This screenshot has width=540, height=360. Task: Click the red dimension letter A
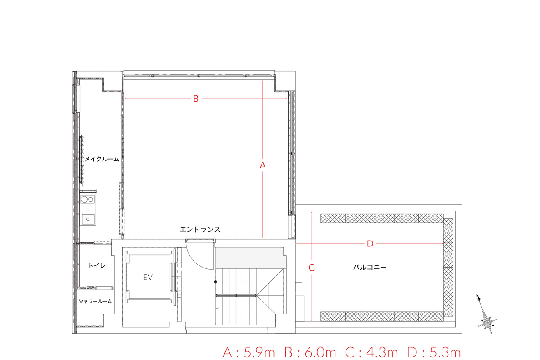tap(262, 165)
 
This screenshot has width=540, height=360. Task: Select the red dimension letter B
tap(196, 99)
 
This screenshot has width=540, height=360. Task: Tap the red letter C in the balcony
tap(312, 268)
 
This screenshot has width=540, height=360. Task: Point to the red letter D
tap(370, 244)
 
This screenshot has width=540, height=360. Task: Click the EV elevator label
tap(148, 278)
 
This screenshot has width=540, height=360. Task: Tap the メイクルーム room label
tap(102, 159)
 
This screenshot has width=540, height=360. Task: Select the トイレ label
tap(97, 266)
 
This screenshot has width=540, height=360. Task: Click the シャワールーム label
tap(95, 301)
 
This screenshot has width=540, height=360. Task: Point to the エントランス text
tap(200, 229)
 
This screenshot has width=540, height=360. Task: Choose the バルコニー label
tap(370, 267)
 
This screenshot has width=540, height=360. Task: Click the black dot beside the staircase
tap(216, 282)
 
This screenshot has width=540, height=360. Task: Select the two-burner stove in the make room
tap(87, 199)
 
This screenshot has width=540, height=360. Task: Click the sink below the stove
tap(88, 219)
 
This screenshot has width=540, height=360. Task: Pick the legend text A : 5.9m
tap(249, 352)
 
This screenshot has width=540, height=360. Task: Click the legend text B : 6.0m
tap(310, 352)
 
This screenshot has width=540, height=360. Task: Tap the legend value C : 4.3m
tap(371, 352)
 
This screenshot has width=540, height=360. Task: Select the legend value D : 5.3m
tap(434, 352)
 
